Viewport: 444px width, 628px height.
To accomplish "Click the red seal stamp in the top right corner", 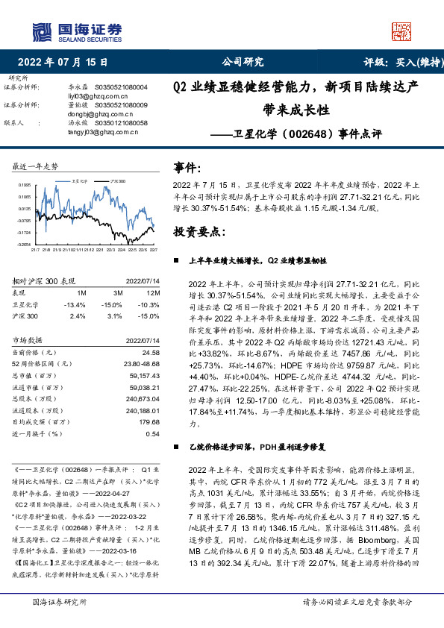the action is [401, 31].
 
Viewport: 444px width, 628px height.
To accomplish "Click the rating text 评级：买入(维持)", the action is [399, 63].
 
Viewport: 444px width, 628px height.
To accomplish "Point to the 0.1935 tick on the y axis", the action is [24, 183].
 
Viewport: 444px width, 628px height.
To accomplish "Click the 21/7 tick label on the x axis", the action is [35, 250].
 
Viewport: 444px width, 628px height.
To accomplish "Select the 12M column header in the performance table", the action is [154, 293].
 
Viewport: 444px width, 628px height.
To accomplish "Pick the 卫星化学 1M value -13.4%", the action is [76, 304].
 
